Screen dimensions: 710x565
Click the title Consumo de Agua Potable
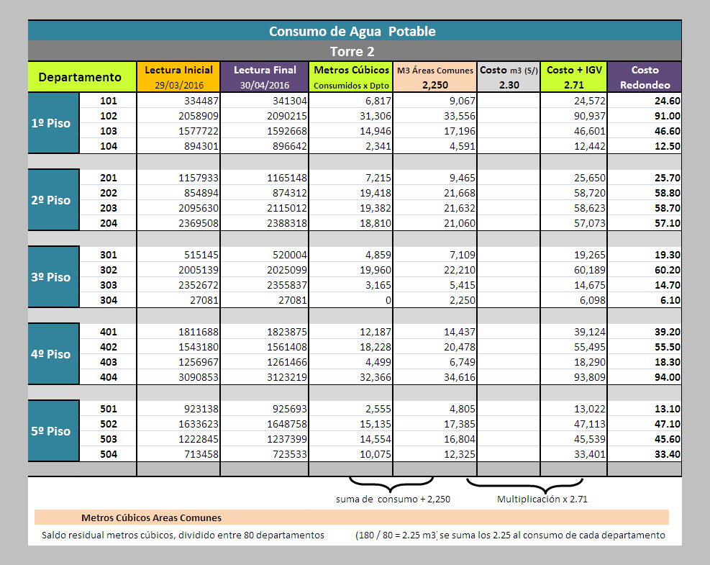point(352,31)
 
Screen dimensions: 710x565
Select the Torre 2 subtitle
point(352,52)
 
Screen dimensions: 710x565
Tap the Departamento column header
point(80,77)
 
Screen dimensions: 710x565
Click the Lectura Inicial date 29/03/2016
point(179,85)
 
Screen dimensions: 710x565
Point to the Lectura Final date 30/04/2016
point(265,85)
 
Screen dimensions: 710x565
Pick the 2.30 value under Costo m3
point(509,85)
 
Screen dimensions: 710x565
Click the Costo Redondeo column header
point(645,78)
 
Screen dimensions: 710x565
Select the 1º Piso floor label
point(50,123)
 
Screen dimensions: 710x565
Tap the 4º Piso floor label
point(50,354)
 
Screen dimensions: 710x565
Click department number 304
point(109,300)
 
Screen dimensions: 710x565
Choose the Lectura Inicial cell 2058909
point(199,116)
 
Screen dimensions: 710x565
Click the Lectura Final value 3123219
point(286,377)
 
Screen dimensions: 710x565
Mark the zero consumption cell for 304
point(388,300)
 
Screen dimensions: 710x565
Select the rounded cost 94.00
point(668,377)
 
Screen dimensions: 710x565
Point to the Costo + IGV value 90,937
point(590,116)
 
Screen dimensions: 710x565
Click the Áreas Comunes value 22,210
point(460,270)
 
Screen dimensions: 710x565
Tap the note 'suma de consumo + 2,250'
point(393,500)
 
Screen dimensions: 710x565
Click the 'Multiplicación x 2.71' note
point(542,500)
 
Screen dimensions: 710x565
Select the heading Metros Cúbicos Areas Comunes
point(151,518)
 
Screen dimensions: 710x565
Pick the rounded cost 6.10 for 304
point(670,300)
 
